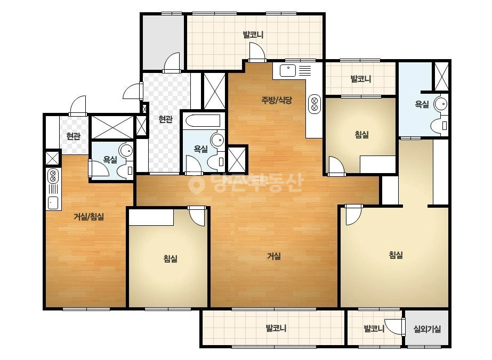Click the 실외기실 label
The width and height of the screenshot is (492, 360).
pyautogui.click(x=427, y=329)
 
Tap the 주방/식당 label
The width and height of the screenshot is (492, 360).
pyautogui.click(x=277, y=100)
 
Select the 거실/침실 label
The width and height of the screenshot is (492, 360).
pyautogui.click(x=89, y=217)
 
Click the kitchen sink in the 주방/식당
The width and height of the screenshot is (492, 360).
pyautogui.click(x=288, y=70)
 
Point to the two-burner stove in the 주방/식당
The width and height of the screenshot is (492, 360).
pyautogui.click(x=314, y=104)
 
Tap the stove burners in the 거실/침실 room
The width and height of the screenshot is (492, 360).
pyautogui.click(x=53, y=176)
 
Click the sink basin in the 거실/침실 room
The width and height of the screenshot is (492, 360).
pyautogui.click(x=53, y=203)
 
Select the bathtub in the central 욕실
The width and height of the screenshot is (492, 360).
pyautogui.click(x=203, y=121)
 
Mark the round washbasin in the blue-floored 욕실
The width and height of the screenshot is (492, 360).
pyautogui.click(x=441, y=104)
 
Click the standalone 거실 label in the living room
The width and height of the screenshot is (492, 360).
pyautogui.click(x=273, y=256)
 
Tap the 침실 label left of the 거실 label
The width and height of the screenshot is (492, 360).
pyautogui.click(x=171, y=259)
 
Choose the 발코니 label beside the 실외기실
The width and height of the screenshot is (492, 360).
pyautogui.click(x=374, y=329)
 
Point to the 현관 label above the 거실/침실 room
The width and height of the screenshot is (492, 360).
pyautogui.click(x=73, y=136)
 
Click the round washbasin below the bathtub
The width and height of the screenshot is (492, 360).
pyautogui.click(x=217, y=140)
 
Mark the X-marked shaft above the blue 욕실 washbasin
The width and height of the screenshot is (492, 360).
pyautogui.click(x=441, y=77)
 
